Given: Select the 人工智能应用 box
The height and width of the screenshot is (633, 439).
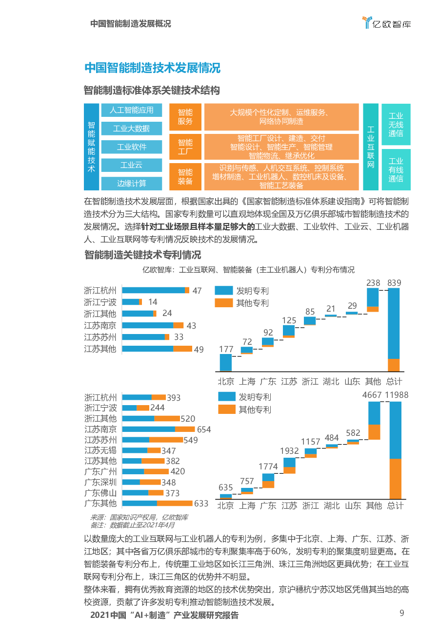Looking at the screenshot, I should tap(131, 110).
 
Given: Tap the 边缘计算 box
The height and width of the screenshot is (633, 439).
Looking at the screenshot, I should tap(131, 184).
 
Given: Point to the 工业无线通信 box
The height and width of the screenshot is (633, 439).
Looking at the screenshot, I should tap(396, 125).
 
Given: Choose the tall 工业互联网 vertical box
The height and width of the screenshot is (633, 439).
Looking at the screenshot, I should tap(371, 147).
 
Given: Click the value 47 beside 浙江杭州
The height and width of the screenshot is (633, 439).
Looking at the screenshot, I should tap(197, 291).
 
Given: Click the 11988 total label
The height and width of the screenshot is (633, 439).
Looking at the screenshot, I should tap(397, 395).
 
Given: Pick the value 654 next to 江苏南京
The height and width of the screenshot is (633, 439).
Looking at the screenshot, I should tap(204, 429).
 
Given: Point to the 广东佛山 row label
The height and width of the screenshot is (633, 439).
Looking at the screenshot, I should tap(100, 493).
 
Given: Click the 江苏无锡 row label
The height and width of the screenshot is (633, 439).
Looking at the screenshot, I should tap(100, 450).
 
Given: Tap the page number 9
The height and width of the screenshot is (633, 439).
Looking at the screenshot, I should tap(401, 613).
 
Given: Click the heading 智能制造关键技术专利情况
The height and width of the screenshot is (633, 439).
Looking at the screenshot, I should tap(142, 255).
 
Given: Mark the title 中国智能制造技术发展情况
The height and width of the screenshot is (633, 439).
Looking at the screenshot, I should tap(152, 68).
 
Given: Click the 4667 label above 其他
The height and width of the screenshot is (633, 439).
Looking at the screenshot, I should tap(373, 395).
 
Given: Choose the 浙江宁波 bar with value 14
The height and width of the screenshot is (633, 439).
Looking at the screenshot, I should tap(132, 302).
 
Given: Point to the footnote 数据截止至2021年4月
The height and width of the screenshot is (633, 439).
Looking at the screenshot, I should tap(141, 525).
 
